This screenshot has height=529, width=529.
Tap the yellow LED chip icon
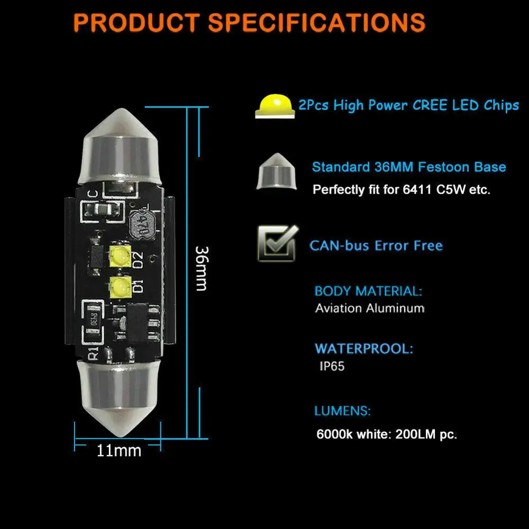[x=274, y=105]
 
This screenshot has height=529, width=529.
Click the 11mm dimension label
[x=119, y=451]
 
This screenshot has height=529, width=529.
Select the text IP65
[x=331, y=366]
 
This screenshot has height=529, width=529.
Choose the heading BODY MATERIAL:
[x=368, y=291]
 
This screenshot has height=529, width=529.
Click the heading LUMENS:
[x=342, y=411]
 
